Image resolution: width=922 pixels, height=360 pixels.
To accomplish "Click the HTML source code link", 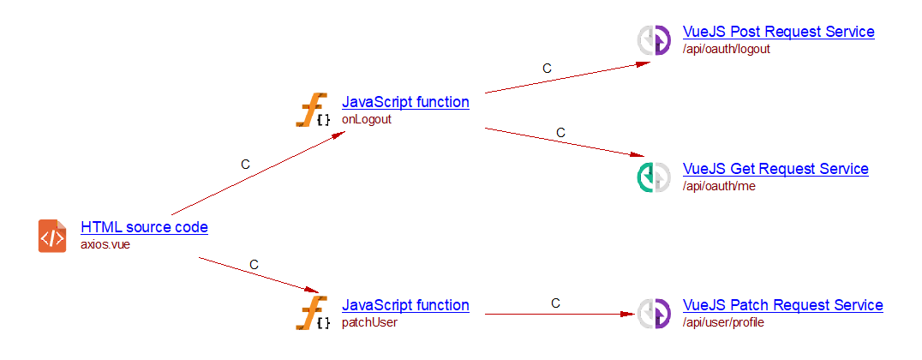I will [x=144, y=227].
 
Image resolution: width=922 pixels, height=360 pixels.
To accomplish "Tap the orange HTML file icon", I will [x=52, y=236].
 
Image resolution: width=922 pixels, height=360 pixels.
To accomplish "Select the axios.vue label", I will [x=105, y=244].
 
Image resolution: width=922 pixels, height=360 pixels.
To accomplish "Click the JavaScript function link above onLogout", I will [x=405, y=102].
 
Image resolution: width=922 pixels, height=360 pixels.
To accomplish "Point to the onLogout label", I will [x=366, y=119].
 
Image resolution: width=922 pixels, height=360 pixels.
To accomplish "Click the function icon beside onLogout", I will [x=313, y=111].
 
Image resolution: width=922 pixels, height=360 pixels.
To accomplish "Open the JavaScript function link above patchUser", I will [x=405, y=305].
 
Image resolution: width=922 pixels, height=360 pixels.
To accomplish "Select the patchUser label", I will [x=369, y=322].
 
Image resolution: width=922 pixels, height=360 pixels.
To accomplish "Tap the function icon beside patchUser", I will [x=313, y=314].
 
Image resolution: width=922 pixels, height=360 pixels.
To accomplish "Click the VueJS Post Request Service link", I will [x=778, y=32].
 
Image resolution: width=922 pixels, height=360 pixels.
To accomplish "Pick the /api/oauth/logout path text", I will [x=726, y=49].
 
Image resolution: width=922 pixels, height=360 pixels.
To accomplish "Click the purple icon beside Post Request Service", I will [x=654, y=40].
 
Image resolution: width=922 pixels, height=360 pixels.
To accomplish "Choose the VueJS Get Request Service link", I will [x=775, y=169].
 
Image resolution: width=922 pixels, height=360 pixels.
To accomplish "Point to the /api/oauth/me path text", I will [x=719, y=186].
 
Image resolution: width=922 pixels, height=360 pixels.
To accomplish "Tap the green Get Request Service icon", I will [x=654, y=177].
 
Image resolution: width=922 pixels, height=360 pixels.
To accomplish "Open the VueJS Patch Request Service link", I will [x=782, y=305].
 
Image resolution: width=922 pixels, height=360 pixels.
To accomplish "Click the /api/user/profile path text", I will [x=722, y=322].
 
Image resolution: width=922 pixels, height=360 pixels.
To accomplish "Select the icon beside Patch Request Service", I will [x=654, y=314].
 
